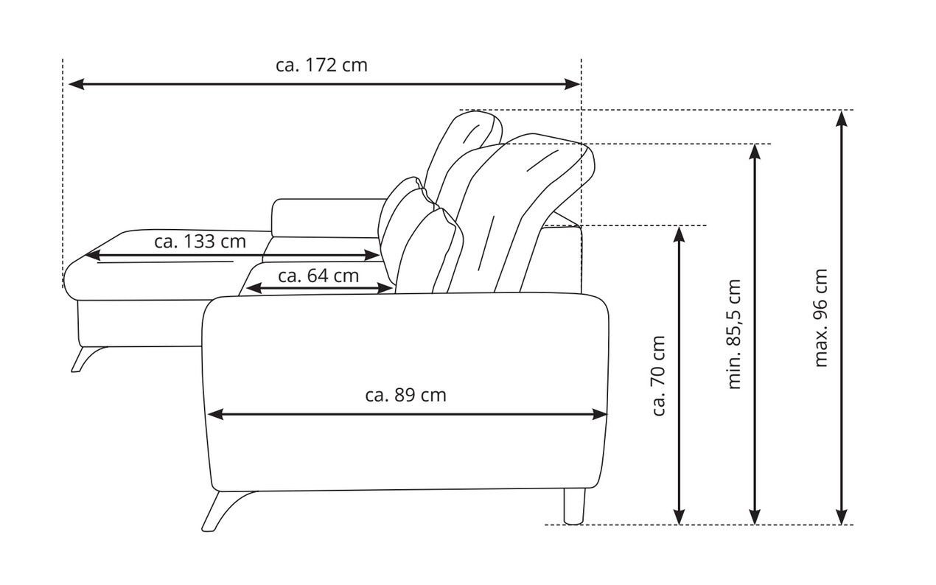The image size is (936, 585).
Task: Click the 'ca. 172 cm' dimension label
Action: point(321,66)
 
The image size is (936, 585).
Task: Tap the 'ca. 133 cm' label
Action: point(200,242)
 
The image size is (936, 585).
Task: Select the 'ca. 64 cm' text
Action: point(318,276)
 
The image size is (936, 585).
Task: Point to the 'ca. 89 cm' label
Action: point(406,396)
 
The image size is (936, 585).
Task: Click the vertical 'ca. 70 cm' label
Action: point(659,376)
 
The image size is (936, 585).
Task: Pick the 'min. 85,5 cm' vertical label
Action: point(734,334)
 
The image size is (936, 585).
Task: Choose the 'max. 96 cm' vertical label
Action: point(821,318)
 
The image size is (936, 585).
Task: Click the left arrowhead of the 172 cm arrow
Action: point(77,84)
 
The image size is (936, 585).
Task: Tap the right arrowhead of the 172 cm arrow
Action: point(572,84)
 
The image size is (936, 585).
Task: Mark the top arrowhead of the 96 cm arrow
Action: point(841,119)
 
